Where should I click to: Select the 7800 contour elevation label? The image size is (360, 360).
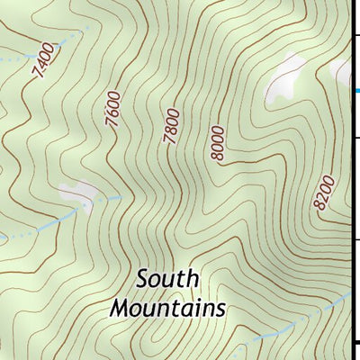pos(173,126)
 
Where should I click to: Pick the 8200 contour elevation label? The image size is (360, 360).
pos(325,193)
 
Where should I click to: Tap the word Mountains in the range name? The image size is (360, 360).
pos(166,307)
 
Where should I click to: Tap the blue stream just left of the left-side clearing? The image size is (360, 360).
pos(45,222)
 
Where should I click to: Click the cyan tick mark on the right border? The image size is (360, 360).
pos(355,90)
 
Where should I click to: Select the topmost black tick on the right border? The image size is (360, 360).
pos(355,35)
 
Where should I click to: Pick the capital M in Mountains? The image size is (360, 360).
pos(119,307)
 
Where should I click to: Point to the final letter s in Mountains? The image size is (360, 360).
pos(219,309)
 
